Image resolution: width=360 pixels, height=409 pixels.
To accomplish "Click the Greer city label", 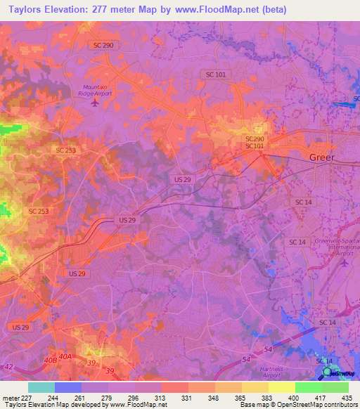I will tap(322, 157).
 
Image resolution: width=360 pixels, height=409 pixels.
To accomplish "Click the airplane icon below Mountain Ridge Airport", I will tap(96, 103).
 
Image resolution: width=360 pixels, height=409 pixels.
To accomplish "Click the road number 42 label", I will tap(8, 366).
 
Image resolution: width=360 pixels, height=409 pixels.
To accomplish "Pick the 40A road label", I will tap(65, 357).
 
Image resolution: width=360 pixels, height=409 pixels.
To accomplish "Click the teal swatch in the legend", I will tap(41, 387).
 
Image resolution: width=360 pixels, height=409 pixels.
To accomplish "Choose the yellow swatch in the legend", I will tap(281, 387).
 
